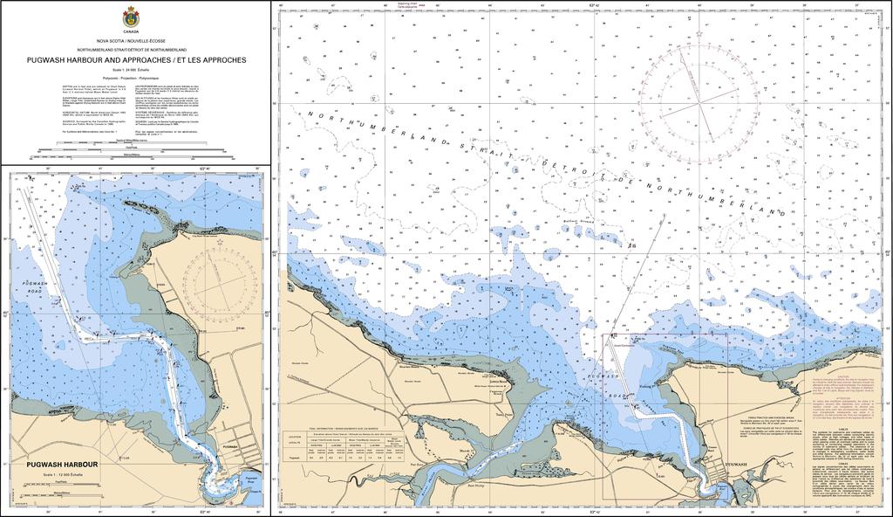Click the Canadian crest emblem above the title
pos(131,15)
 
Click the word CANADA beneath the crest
pos(131,31)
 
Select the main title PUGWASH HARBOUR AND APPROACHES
pos(136,60)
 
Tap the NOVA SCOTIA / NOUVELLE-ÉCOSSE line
pos(136,41)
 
